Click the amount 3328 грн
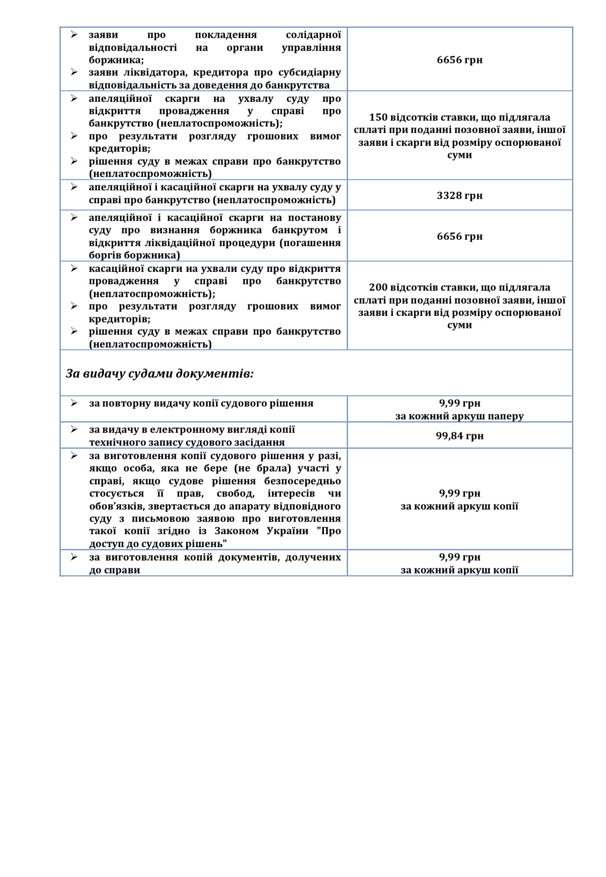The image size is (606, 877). [x=460, y=195]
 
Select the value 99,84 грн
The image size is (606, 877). [x=460, y=436]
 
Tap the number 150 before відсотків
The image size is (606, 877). [x=379, y=117]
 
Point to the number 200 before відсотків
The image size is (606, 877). [x=379, y=288]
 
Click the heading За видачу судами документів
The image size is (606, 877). [x=160, y=373]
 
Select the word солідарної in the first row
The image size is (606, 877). [x=313, y=35]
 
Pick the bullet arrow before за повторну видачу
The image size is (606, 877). [x=75, y=403]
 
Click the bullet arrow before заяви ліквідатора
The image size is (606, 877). [x=75, y=72]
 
